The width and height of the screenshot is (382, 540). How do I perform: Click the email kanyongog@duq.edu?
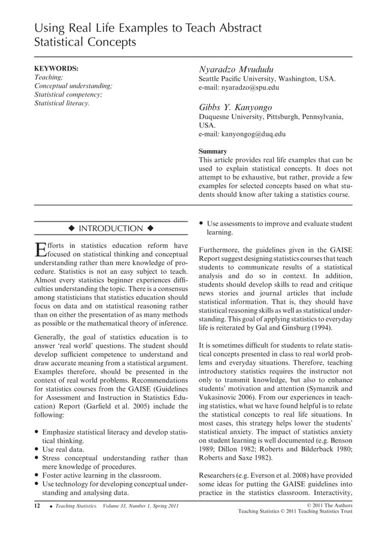242,135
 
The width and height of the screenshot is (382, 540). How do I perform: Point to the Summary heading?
213,151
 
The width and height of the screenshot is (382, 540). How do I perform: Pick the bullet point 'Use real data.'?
63,449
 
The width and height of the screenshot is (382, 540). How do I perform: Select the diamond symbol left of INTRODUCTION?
71,229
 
